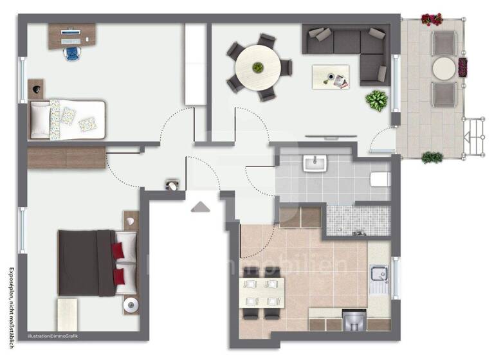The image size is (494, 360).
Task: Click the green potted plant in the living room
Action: click(376, 100)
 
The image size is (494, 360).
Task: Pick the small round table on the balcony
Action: click(444, 68)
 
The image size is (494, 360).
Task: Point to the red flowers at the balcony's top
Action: click(432, 19)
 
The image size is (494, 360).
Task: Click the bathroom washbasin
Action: click(316, 163)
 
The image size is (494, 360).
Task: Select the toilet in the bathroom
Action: click(381, 177)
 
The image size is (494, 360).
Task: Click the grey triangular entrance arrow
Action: click(201, 206)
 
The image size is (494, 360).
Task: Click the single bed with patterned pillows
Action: click(66, 119)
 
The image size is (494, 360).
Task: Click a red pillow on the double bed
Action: click(118, 250)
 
